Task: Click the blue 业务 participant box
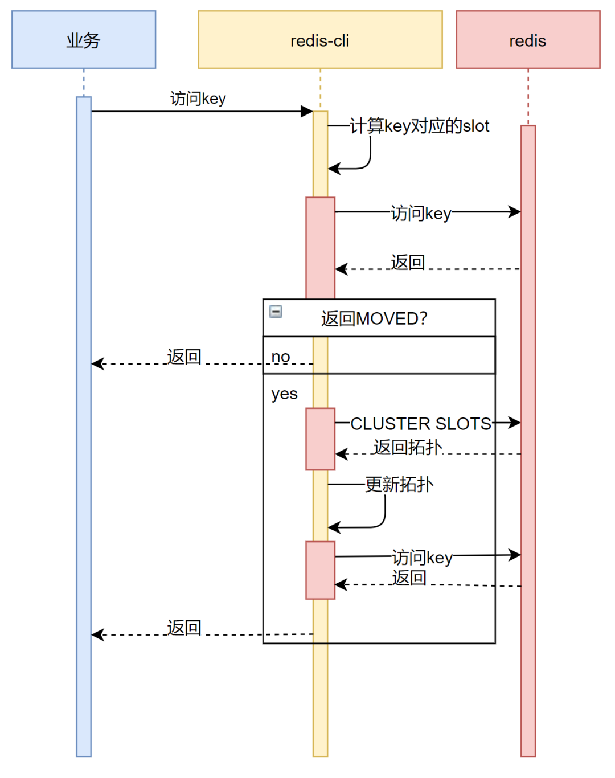[x=84, y=40]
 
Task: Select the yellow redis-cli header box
[x=321, y=40]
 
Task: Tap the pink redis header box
[x=528, y=40]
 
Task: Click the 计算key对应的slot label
[x=420, y=126]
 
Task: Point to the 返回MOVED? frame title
[x=374, y=319]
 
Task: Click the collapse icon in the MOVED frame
[x=276, y=312]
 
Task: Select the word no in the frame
[x=281, y=357]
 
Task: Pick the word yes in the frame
[x=285, y=394]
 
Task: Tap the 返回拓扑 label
[x=408, y=448]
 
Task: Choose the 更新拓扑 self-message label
[x=399, y=485]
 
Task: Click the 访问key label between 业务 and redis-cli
[x=198, y=99]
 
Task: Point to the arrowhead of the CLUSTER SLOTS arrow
[x=514, y=423]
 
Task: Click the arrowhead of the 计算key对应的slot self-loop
[x=334, y=169]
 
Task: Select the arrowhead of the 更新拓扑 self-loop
[x=334, y=527]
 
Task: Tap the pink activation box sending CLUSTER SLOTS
[x=321, y=439]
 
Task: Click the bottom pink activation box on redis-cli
[x=321, y=571]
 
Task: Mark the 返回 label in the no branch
[x=184, y=357]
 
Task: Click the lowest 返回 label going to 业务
[x=184, y=628]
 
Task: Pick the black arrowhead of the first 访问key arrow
[x=307, y=112]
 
